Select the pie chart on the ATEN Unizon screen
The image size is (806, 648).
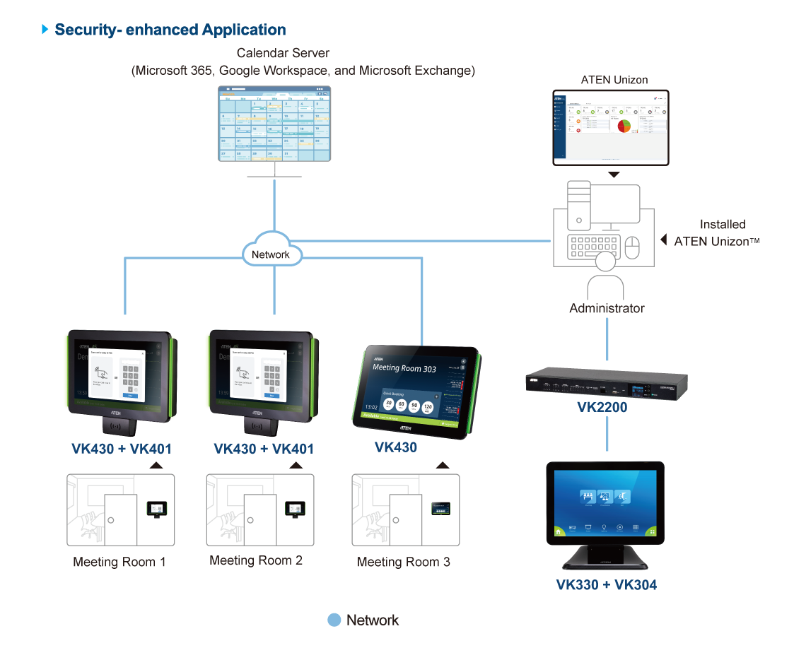pyautogui.click(x=623, y=126)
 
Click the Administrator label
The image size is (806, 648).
pyautogui.click(x=607, y=308)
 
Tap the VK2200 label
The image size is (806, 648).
pyautogui.click(x=602, y=408)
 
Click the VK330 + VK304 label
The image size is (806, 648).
pyautogui.click(x=606, y=584)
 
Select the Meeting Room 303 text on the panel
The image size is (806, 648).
pyautogui.click(x=404, y=368)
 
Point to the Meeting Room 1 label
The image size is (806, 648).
pyautogui.click(x=119, y=562)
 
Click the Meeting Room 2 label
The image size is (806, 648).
pyautogui.click(x=256, y=560)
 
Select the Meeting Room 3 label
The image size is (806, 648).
pyautogui.click(x=403, y=562)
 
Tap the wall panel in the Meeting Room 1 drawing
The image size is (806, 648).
pyautogui.click(x=156, y=509)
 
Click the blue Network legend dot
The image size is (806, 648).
pyautogui.click(x=334, y=620)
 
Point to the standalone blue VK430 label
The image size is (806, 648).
pyautogui.click(x=395, y=447)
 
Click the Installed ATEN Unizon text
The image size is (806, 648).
pyautogui.click(x=711, y=232)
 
